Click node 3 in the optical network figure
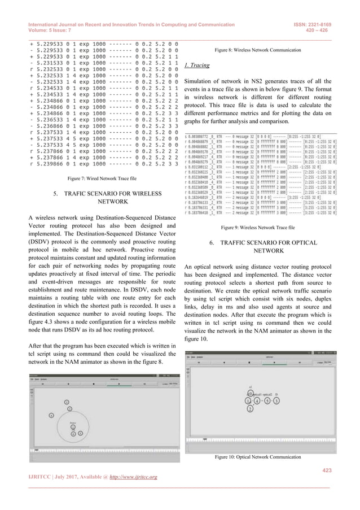click(276, 400)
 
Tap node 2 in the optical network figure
click(249, 409)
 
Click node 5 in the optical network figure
click(267, 400)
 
